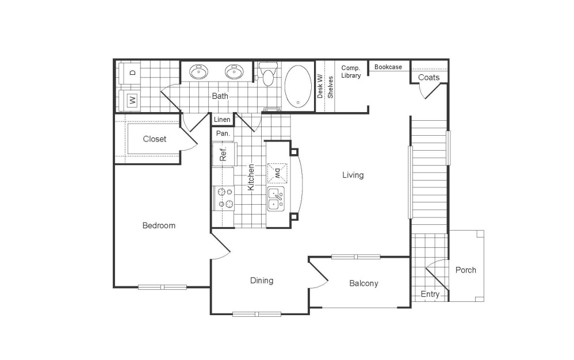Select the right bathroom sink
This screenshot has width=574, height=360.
tap(234, 72)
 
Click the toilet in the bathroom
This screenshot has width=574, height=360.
tap(267, 74)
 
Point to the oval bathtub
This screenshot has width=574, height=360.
tap(298, 86)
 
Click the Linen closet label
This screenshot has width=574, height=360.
tap(222, 120)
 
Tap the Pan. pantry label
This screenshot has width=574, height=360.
tap(223, 133)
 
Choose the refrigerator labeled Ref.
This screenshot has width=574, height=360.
tap(223, 154)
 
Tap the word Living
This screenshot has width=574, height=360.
tap(353, 175)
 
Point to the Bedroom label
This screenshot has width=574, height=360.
tap(159, 225)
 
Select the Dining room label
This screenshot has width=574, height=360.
tap(261, 281)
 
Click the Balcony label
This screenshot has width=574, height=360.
tap(363, 283)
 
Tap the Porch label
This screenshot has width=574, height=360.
tap(465, 270)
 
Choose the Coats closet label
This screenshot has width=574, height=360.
tap(428, 77)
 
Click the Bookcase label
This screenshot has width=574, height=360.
tap(388, 67)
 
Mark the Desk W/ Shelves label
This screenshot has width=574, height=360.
tap(325, 87)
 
